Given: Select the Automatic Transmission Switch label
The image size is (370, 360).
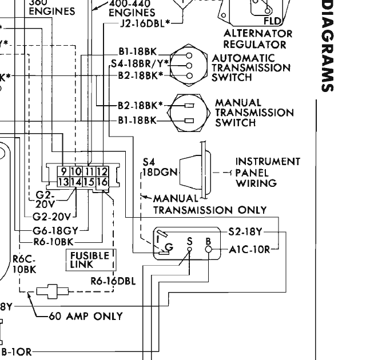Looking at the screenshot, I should click(x=251, y=67).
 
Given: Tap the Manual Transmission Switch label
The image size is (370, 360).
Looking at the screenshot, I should click(x=254, y=113).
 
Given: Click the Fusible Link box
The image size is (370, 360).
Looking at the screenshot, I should click(x=90, y=260).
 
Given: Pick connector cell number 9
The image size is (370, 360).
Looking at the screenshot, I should click(x=63, y=171).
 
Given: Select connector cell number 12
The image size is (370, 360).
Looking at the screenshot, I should click(x=102, y=171).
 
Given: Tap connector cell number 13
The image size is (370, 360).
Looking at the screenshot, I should click(x=63, y=182).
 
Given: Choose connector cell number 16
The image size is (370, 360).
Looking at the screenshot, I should click(x=102, y=182).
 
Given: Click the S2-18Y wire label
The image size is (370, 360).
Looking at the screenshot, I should click(x=244, y=232).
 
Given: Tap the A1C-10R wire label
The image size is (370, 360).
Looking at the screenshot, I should click(x=249, y=249).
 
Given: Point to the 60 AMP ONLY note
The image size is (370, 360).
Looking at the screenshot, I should click(x=85, y=316).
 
